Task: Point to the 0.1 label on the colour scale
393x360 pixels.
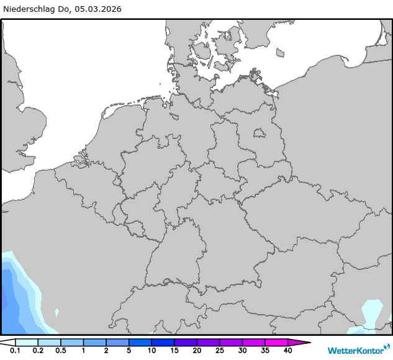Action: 16,351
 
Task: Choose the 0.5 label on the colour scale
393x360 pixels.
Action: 60,351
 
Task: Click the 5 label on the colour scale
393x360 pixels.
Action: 129,351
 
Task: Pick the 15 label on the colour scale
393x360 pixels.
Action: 174,351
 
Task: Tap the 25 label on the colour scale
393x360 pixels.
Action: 219,351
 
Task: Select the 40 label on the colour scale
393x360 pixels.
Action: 287,351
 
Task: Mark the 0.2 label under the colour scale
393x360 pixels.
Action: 38,351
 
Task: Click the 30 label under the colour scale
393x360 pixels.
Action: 242,351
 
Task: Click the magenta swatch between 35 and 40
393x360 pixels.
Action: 276,342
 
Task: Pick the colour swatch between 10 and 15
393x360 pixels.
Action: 163,342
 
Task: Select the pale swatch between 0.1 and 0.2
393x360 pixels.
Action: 27,342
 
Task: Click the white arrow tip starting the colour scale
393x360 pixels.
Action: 7,342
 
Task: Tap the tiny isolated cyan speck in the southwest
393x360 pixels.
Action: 56,312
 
